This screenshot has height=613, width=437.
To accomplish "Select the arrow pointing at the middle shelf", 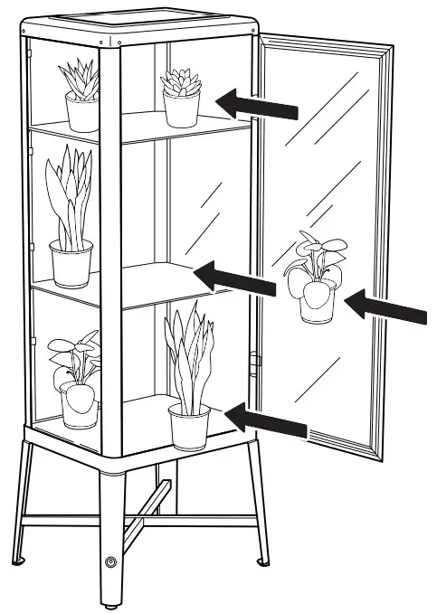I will (x=237, y=278).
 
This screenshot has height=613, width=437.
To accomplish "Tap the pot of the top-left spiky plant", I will (x=81, y=113).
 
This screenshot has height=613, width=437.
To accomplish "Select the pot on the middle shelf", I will (x=71, y=263).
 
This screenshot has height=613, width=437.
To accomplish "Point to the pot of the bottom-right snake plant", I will (x=189, y=427).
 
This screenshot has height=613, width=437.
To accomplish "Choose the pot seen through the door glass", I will (x=317, y=301).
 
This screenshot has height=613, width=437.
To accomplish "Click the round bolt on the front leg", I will (x=111, y=562).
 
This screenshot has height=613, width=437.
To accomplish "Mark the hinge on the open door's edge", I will (x=255, y=361).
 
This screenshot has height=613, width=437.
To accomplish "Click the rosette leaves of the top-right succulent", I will (x=181, y=82).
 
